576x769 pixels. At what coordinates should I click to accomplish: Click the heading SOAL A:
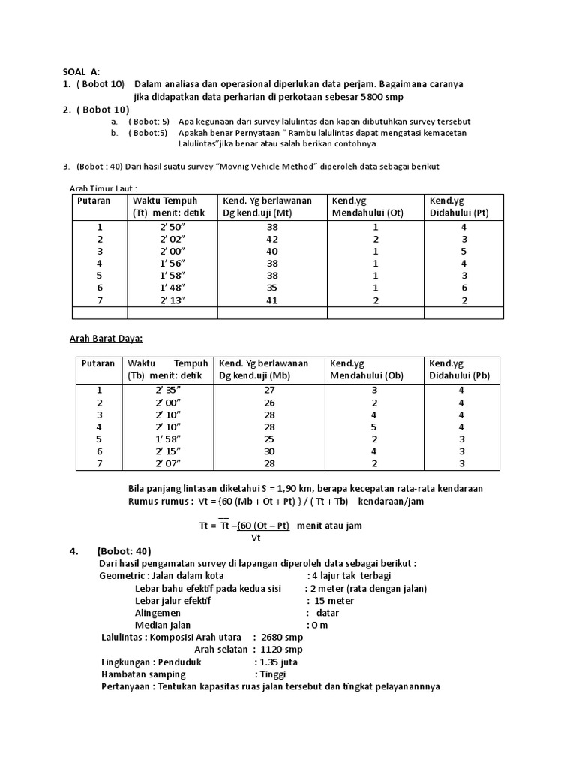point(80,71)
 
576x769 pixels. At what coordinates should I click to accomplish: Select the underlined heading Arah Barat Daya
point(106,339)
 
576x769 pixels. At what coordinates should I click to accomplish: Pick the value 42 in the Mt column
point(271,239)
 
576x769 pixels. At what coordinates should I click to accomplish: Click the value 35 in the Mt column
point(271,288)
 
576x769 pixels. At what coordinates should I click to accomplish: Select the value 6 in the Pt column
point(463,288)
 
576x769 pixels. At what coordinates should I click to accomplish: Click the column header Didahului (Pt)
point(458,213)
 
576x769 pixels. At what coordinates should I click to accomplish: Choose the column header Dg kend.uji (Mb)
point(253,375)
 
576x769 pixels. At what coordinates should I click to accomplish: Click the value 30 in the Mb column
point(270,451)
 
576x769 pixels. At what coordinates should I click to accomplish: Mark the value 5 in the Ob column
point(373,427)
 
